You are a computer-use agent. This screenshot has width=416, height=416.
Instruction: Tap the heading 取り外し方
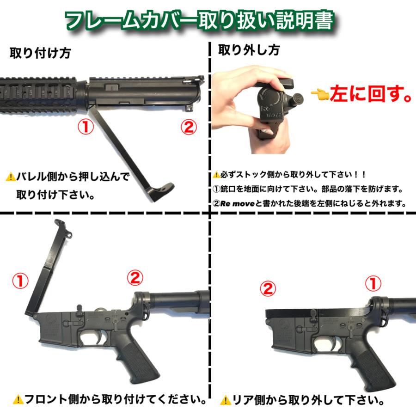249,49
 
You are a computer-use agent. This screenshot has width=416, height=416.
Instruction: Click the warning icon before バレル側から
10,177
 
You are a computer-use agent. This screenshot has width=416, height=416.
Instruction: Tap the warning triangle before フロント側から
18,398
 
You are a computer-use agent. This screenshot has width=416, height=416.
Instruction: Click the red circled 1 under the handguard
86,126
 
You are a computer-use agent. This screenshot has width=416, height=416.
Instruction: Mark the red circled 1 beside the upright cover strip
21,280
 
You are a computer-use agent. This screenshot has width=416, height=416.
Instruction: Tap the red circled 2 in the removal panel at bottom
268,288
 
